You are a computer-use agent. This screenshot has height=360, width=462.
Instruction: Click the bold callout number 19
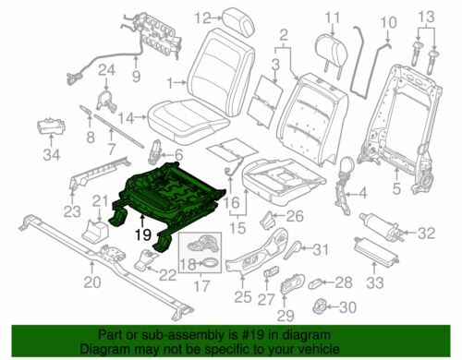[x=143, y=234]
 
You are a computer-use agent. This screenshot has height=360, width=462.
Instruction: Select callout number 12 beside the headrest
[x=202, y=18]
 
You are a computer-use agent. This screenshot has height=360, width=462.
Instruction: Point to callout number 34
[x=52, y=154]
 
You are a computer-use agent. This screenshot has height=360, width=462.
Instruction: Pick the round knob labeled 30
[x=319, y=306]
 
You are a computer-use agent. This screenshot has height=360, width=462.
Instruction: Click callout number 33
[x=375, y=282]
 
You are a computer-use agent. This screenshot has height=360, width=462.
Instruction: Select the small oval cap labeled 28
[x=315, y=283]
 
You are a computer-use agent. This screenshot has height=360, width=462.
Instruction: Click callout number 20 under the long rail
[x=92, y=282]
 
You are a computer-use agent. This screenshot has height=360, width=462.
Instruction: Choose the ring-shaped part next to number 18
[x=211, y=263]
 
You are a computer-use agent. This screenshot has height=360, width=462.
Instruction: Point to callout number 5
[x=396, y=188]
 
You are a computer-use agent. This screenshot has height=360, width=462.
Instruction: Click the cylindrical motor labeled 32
[x=380, y=226]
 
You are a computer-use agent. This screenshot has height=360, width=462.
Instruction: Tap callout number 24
[x=106, y=70]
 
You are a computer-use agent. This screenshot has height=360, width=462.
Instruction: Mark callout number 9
[x=136, y=76]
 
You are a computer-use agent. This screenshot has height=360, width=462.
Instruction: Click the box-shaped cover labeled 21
[x=94, y=230]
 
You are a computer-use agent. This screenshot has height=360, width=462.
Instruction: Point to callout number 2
[x=284, y=35]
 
